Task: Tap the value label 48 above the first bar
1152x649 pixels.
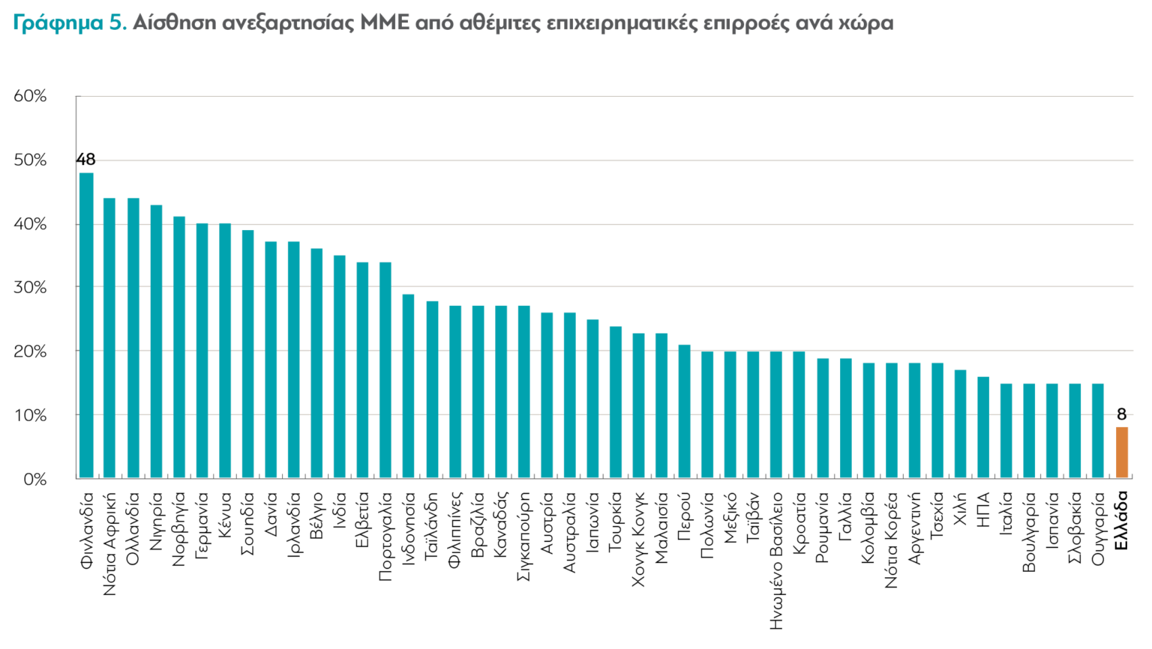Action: [85, 160]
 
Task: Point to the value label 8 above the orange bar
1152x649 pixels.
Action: [1121, 414]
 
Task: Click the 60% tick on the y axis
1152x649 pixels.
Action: [30, 96]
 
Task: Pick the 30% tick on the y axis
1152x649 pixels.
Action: [30, 287]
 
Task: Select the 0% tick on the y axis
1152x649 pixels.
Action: [34, 479]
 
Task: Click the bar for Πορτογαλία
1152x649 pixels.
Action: [385, 370]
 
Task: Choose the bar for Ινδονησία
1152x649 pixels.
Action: [409, 386]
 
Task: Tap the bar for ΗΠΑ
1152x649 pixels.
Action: [983, 427]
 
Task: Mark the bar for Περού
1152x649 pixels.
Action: [684, 411]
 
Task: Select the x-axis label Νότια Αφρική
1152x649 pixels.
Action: [109, 543]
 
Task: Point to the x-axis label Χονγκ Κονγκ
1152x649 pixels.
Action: [638, 539]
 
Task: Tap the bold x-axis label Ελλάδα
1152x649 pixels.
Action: [1121, 520]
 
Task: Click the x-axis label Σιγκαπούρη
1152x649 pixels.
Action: [523, 536]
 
